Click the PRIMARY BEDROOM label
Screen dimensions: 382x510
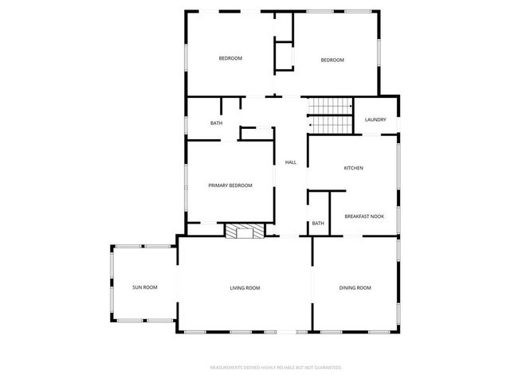[x=229, y=185]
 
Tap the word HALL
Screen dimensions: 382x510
[x=291, y=162]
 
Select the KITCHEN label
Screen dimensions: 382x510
[x=353, y=168]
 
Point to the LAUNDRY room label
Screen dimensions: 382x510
[x=375, y=120]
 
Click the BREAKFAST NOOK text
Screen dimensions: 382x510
[x=364, y=216]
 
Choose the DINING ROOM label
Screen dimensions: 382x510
[x=355, y=287]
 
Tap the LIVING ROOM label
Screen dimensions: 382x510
[x=245, y=287]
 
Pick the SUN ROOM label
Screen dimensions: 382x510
[x=144, y=287]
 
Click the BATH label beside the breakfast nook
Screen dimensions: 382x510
[x=318, y=224]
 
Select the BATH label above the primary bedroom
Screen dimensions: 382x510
[x=216, y=123]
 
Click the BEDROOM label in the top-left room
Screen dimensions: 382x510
[x=230, y=58]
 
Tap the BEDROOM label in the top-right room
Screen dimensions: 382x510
[x=332, y=60]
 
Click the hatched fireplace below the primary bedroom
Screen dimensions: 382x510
[x=243, y=231]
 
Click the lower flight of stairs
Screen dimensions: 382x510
[x=331, y=125]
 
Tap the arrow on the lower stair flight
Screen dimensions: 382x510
[x=311, y=125]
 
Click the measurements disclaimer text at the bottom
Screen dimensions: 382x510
[x=276, y=368]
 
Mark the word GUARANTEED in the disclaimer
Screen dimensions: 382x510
[x=327, y=368]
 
